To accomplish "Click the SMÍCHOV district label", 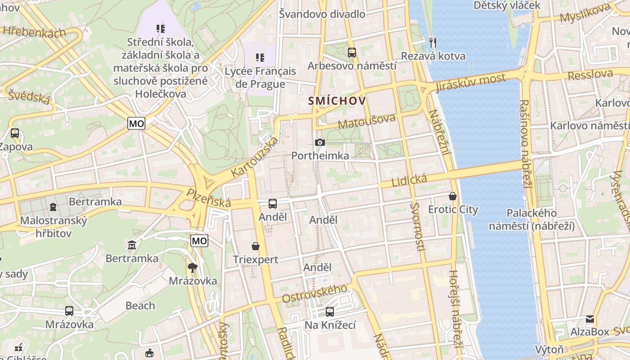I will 337,101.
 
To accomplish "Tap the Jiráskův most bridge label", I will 471,83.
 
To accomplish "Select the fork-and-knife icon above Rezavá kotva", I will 433,43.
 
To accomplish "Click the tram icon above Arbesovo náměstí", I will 352,53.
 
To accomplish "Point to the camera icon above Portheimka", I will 320,143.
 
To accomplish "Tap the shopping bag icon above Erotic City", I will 453,196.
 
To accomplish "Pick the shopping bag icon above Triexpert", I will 256,246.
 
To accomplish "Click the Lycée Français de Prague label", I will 261,77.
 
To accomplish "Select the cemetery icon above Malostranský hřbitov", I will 53,207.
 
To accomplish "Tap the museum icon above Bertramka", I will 132,245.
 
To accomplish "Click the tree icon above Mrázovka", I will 193,268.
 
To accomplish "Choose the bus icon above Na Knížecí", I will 330,311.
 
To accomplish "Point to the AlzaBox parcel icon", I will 589,319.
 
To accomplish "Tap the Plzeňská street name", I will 209,198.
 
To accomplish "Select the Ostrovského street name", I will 315,293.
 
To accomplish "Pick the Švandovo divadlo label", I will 322,14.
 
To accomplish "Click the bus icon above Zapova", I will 15,133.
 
